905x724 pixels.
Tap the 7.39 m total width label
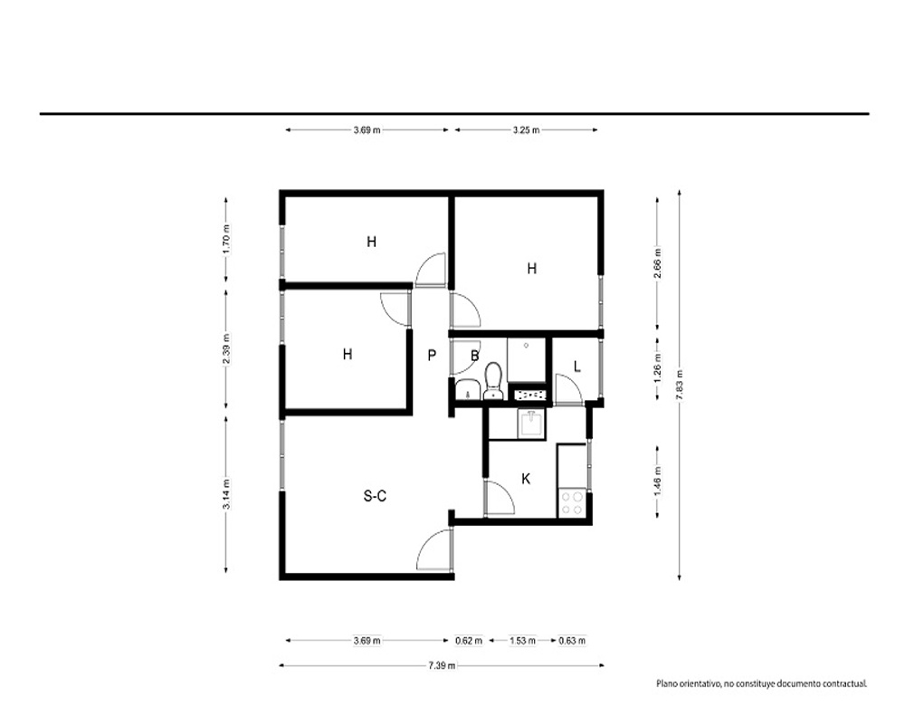pos(442,666)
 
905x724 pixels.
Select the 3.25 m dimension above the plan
pos(527,130)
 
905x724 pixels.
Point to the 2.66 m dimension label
pos(657,262)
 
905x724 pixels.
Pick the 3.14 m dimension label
pos(226,494)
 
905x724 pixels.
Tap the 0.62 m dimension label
pos(469,640)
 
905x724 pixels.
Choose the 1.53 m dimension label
pos(522,640)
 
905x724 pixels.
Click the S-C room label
pos(376,496)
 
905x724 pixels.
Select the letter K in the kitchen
pos(526,479)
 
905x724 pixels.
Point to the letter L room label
pos(577,366)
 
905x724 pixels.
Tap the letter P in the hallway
pos(432,355)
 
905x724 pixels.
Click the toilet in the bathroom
pos(493,380)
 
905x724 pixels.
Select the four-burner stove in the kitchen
pos(572,502)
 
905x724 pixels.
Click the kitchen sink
pos(531,424)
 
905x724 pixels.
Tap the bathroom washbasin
pos(467,390)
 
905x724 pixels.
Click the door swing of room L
pos(568,390)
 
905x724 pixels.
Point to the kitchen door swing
pos(499,497)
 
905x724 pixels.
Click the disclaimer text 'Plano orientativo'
pos(688,683)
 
